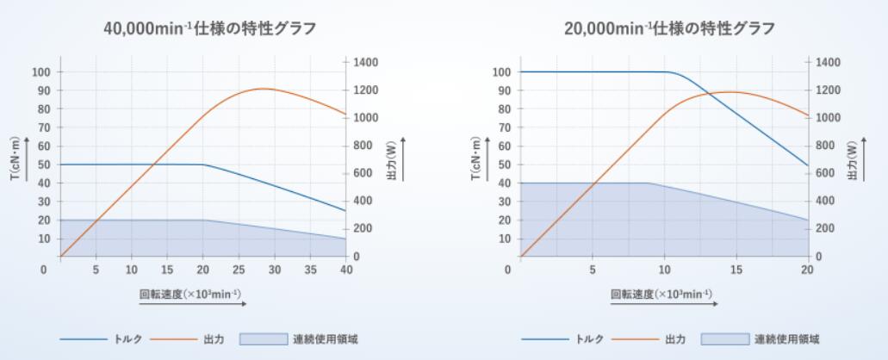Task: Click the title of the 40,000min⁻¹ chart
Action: pyautogui.click(x=208, y=28)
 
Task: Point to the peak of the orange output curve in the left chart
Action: pyautogui.click(x=263, y=89)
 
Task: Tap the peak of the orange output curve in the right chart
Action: pyautogui.click(x=730, y=92)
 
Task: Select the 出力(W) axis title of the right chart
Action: pyautogui.click(x=853, y=160)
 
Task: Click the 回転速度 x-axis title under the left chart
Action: pyautogui.click(x=187, y=294)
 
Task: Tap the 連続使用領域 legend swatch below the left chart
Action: pyautogui.click(x=263, y=339)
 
